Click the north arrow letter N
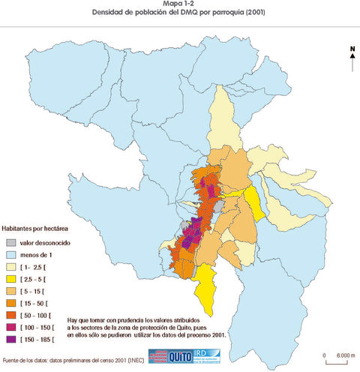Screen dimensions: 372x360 (352, 49)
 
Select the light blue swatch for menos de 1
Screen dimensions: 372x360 (10, 255)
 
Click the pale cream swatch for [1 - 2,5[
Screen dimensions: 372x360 (10, 267)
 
